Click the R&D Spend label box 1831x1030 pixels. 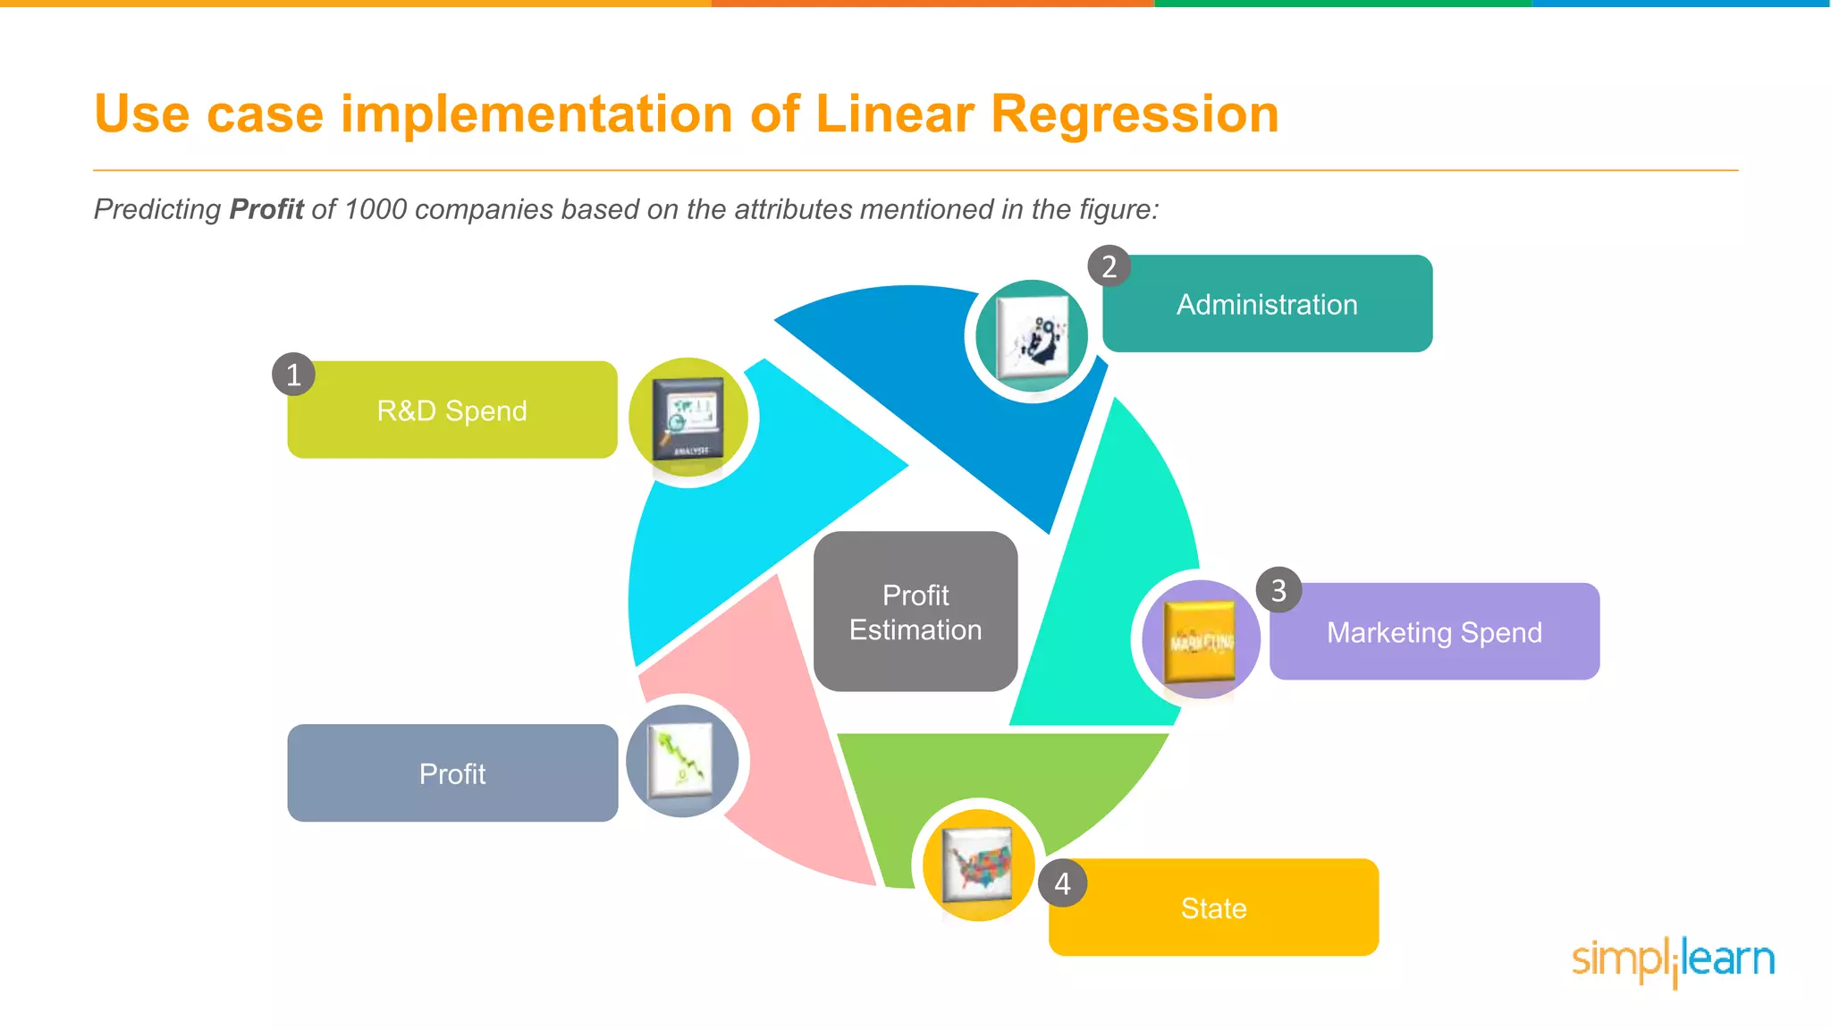(x=452, y=410)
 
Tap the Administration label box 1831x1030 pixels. (x=1267, y=304)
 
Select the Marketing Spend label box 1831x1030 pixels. (x=1434, y=632)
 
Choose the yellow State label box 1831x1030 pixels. (x=1213, y=908)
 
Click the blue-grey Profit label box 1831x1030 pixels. (x=452, y=773)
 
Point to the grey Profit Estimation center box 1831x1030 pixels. (x=915, y=612)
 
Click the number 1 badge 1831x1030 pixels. (x=293, y=375)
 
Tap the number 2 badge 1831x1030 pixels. (x=1109, y=266)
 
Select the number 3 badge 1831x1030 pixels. (x=1278, y=590)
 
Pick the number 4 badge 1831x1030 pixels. (x=1062, y=883)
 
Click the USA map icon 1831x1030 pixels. (x=979, y=865)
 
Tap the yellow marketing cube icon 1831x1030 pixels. (x=1202, y=640)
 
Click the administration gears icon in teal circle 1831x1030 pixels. (x=1033, y=337)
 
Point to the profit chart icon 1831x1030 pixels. (x=682, y=761)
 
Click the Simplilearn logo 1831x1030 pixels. (x=1673, y=961)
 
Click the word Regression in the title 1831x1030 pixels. (x=1135, y=114)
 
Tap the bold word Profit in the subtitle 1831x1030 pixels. (x=266, y=209)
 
